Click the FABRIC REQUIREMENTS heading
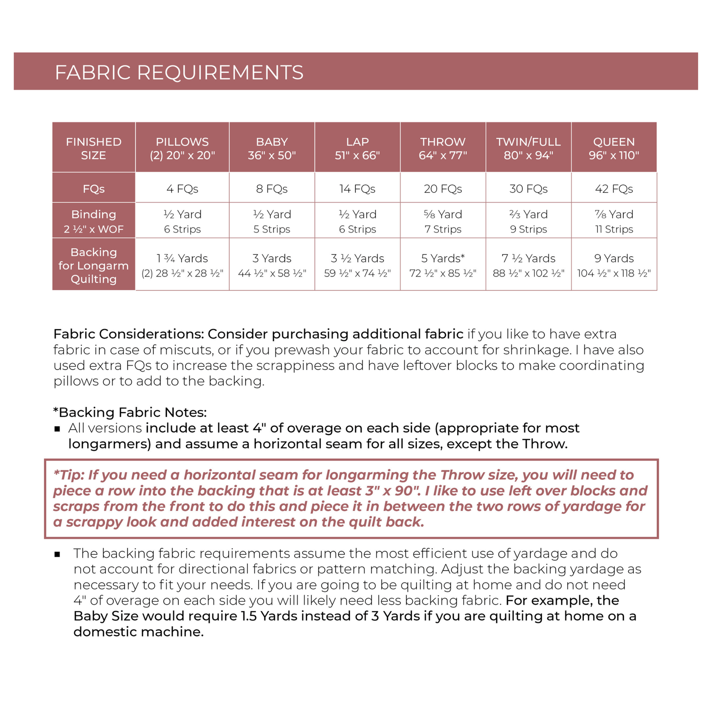click(179, 72)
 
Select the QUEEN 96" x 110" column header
click(614, 148)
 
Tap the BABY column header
click(271, 148)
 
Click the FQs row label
click(94, 189)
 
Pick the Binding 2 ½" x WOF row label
click(94, 221)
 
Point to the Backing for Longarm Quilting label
click(94, 266)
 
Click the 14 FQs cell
click(357, 189)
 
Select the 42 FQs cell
click(614, 189)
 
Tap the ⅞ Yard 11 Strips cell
click(614, 221)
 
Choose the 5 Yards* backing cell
click(443, 265)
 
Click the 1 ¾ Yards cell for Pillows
click(182, 265)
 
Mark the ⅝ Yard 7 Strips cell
click(443, 221)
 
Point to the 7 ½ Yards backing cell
click(529, 265)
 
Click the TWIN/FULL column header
click(529, 148)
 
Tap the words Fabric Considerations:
click(129, 334)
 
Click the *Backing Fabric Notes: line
click(130, 412)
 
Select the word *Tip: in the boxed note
click(68, 475)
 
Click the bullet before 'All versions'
click(57, 429)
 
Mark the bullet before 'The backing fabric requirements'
click(57, 554)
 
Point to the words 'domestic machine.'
click(138, 632)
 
